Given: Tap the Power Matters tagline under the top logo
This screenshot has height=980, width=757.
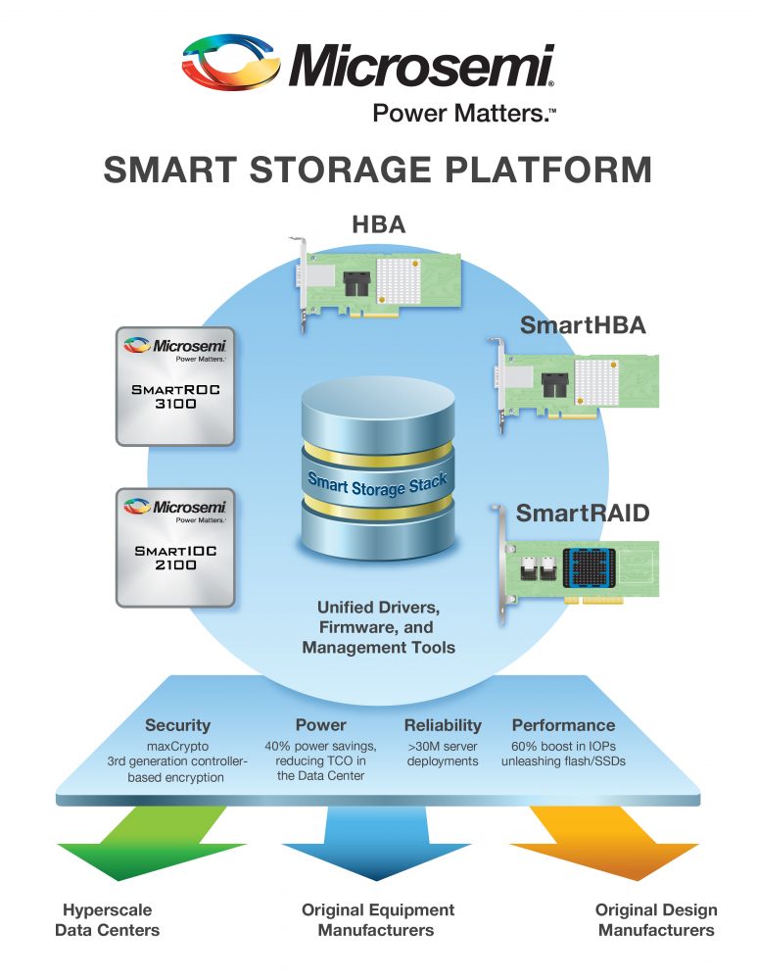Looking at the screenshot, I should point(463,114).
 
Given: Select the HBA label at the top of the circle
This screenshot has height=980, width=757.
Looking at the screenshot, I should point(379,225).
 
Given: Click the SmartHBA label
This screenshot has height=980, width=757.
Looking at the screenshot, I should point(583,326).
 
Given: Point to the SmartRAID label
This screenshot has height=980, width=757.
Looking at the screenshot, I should point(582,512).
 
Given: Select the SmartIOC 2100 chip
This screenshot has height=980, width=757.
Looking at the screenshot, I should point(175,547).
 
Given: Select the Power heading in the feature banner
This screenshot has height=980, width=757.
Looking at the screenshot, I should point(320,725).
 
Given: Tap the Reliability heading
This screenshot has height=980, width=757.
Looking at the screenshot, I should point(443,725).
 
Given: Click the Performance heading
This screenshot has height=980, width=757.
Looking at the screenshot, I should point(563,725).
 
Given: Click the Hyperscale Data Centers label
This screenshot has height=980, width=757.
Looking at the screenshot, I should point(107,919).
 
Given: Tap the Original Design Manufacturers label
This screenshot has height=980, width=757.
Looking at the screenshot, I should point(655,919).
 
